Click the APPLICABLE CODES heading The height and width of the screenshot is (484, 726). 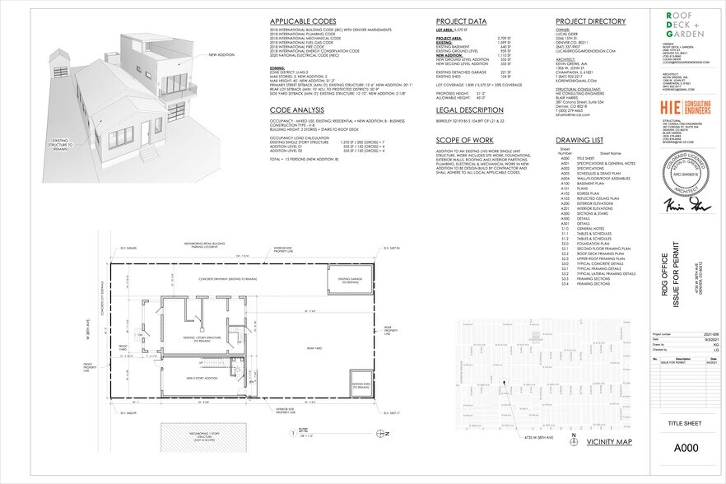[304, 22]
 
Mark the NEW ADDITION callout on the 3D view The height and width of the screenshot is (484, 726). [222, 54]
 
